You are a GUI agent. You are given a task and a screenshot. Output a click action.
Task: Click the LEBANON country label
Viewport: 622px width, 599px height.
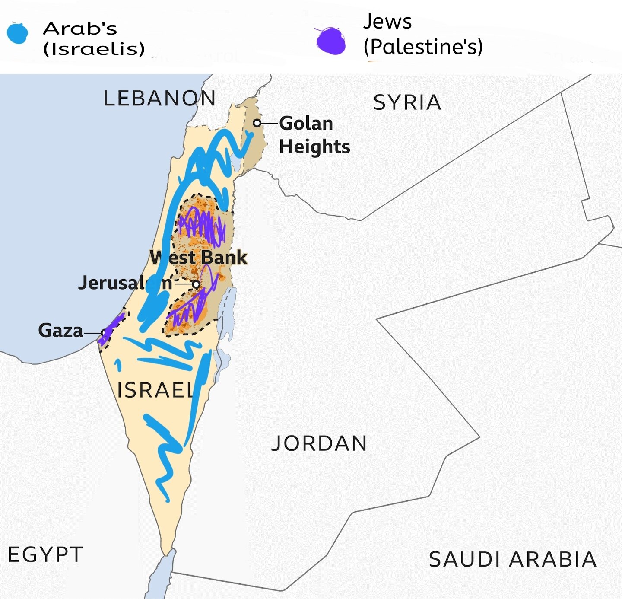[159, 99]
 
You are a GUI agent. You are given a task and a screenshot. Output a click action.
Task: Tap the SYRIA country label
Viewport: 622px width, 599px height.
[407, 103]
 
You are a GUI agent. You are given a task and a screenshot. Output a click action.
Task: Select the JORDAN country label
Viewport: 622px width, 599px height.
[319, 443]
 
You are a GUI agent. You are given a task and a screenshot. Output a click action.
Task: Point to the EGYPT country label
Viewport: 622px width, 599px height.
[45, 554]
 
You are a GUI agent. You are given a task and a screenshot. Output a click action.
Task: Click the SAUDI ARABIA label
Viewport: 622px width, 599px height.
[513, 559]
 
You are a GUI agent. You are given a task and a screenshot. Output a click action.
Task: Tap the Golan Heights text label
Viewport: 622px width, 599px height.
[314, 135]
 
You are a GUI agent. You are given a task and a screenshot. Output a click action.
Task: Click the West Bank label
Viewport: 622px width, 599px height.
[198, 258]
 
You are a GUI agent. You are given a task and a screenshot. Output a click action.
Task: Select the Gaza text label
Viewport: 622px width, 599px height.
[60, 331]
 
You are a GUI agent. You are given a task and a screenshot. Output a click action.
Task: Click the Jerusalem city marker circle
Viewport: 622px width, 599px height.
[196, 284]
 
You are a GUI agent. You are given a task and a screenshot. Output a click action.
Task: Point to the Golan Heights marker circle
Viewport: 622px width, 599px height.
[257, 123]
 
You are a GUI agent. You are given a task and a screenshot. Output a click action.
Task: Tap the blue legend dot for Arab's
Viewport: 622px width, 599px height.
[17, 33]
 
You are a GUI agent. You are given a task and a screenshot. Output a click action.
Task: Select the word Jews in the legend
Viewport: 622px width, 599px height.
[387, 22]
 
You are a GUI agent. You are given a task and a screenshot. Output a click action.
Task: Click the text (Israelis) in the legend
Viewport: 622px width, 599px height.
[94, 49]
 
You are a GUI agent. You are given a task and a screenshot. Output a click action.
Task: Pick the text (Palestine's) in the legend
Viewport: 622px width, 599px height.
[423, 47]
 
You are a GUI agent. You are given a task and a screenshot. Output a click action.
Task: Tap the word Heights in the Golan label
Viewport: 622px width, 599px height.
[314, 147]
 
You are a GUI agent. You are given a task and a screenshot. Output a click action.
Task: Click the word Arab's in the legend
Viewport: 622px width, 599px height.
[80, 29]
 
